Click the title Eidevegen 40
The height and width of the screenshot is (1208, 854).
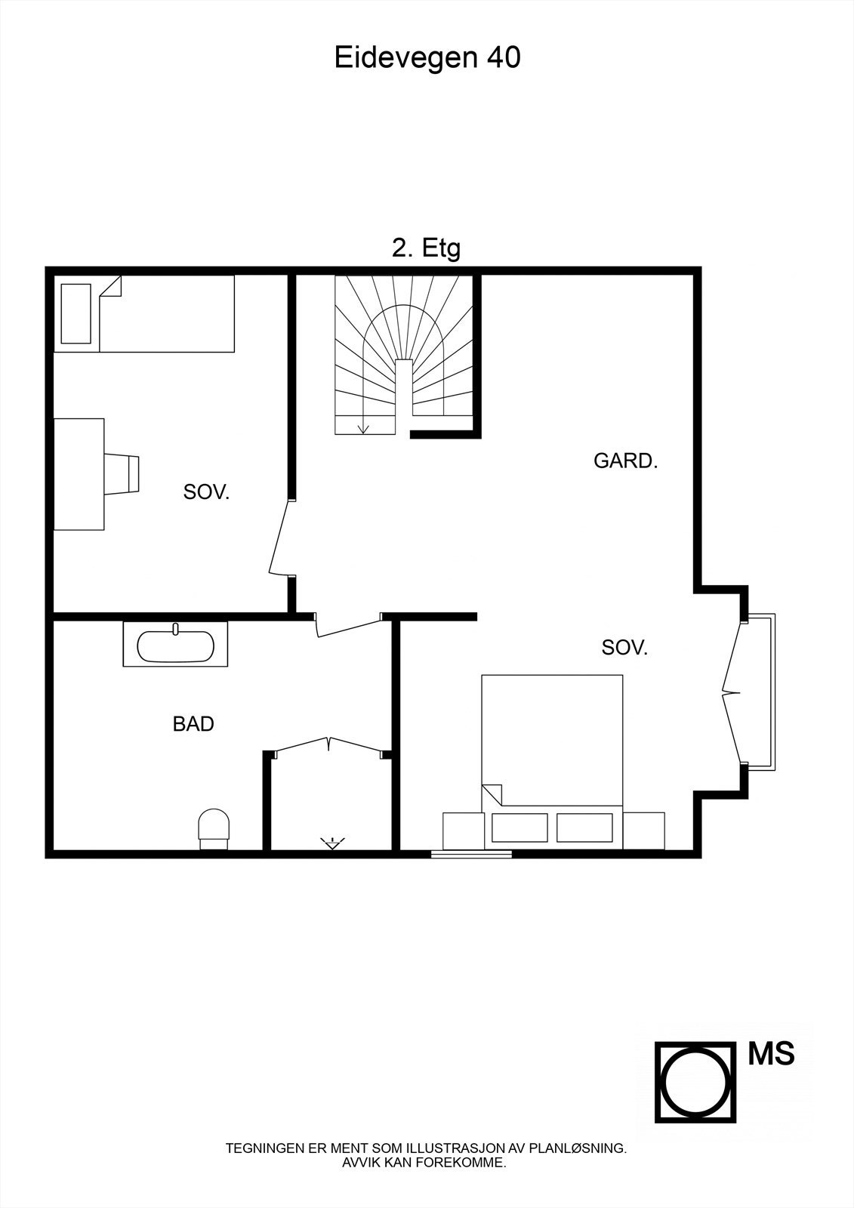pos(427,58)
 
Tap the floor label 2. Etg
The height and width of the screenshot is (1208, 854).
pos(426,248)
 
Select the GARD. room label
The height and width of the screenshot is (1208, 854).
pos(626,461)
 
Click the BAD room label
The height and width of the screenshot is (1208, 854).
pos(193,724)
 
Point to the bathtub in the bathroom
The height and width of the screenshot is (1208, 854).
pos(175,646)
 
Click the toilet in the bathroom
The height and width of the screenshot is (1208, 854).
pos(213,827)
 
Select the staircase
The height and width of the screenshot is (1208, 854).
pos(405,355)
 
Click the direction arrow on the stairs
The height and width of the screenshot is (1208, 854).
pos(364,427)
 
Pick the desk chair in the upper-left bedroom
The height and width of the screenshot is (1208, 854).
pos(123,474)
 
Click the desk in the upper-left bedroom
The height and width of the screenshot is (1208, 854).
pos(79,474)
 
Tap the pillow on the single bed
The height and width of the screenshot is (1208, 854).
pos(76,313)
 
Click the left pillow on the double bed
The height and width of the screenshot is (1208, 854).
pos(519,827)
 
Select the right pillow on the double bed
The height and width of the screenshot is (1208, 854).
pos(584,827)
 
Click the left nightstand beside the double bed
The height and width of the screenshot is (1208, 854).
pos(463,830)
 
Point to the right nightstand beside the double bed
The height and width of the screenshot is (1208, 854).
pos(644,830)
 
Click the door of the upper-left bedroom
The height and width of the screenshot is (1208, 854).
pos(279,538)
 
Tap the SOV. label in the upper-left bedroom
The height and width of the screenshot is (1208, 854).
pos(206,493)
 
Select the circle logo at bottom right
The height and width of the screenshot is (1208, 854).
pos(695,1083)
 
